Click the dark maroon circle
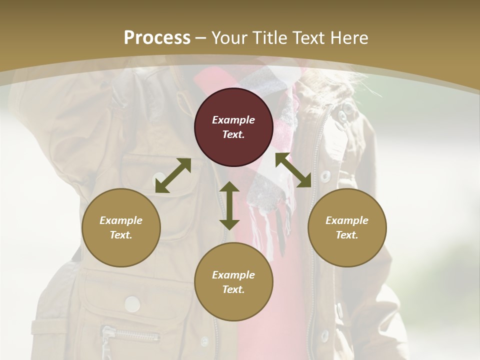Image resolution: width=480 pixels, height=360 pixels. (233, 127)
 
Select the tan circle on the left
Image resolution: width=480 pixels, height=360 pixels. (121, 227)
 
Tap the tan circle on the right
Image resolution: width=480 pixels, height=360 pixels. (347, 227)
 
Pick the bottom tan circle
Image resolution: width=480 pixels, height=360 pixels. (233, 282)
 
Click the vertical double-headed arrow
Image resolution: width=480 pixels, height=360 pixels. (229, 205)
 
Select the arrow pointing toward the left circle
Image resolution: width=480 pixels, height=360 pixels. (173, 175)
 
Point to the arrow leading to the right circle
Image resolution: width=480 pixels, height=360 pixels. (293, 170)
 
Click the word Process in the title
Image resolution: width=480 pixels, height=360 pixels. (157, 37)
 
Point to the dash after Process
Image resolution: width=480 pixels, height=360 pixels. (201, 38)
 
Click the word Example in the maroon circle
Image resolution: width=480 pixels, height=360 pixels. (233, 120)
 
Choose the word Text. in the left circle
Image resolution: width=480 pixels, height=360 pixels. (121, 235)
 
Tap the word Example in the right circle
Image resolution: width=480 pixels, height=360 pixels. (347, 220)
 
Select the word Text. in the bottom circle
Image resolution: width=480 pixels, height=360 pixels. (233, 289)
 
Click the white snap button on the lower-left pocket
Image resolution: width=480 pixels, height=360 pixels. (132, 303)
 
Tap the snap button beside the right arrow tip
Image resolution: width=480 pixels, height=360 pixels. (325, 176)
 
